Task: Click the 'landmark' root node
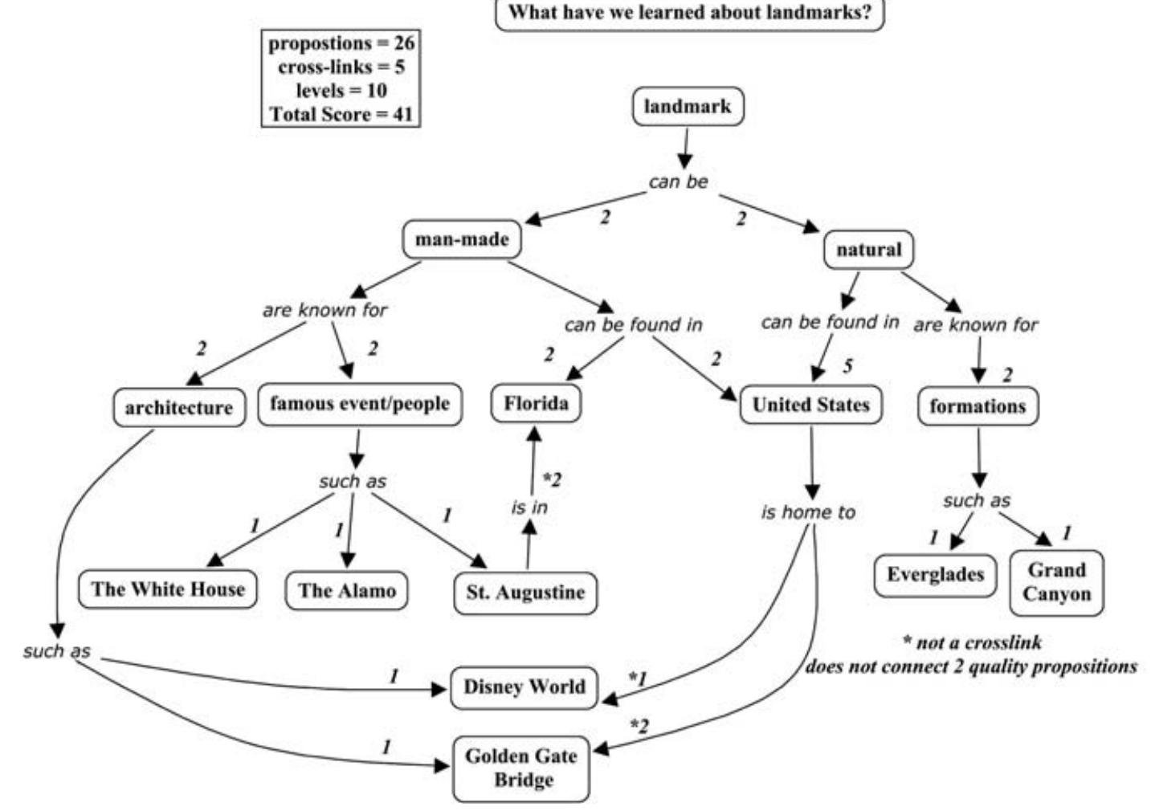pos(688,107)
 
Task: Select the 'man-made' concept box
pos(461,239)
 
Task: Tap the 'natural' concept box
pos(868,250)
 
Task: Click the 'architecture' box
pos(178,408)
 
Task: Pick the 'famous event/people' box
pos(359,403)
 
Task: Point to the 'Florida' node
pos(536,403)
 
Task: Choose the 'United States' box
pos(810,405)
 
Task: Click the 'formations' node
pos(978,406)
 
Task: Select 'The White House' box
pos(167,589)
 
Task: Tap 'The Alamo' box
pos(346,591)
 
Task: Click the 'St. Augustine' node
pos(525,593)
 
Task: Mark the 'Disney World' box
pos(524,687)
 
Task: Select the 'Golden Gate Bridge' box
pos(520,768)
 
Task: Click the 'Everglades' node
pos(935,575)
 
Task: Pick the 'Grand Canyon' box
pos(1056,582)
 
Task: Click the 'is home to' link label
pos(808,512)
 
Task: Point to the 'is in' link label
pos(529,507)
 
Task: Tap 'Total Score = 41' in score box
pos(341,114)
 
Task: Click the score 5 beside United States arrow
pos(847,366)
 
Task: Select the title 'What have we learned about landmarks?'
pos(689,13)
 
